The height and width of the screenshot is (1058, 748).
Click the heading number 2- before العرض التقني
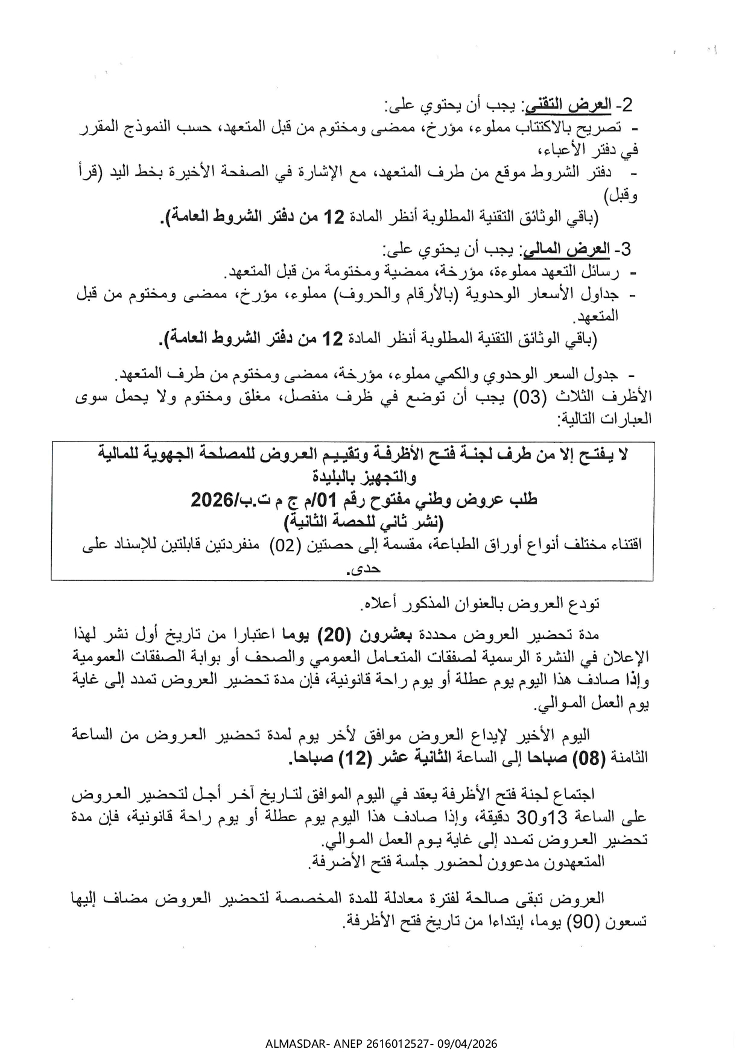(624, 106)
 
